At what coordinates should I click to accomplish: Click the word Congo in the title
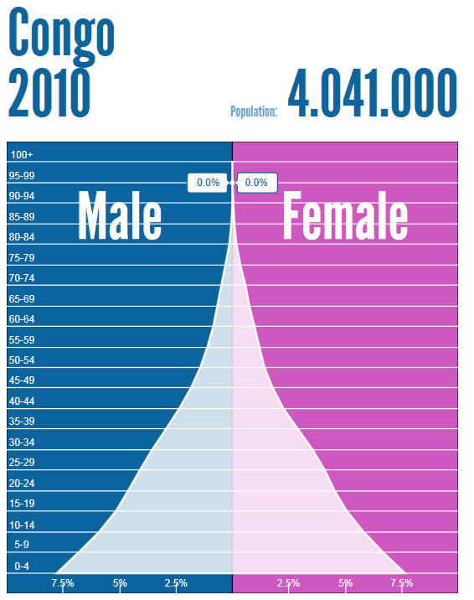(x=60, y=34)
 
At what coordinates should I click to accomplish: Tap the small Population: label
(x=254, y=111)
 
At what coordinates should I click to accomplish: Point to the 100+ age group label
(x=22, y=155)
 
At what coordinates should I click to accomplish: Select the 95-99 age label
(x=23, y=176)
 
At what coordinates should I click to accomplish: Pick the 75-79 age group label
(x=23, y=258)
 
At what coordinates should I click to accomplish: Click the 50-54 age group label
(x=23, y=360)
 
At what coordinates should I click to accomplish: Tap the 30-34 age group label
(x=23, y=442)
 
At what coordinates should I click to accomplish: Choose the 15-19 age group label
(x=23, y=504)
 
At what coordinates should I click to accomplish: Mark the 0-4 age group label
(x=23, y=566)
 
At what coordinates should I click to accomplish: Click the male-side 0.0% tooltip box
(x=207, y=182)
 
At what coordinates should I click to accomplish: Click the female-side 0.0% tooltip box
(x=256, y=182)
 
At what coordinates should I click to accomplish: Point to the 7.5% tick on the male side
(x=63, y=583)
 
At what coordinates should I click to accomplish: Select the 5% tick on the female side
(x=345, y=583)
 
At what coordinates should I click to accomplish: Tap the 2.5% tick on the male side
(x=176, y=583)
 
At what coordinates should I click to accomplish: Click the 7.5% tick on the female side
(x=401, y=583)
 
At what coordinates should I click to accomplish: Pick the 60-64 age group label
(x=23, y=319)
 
